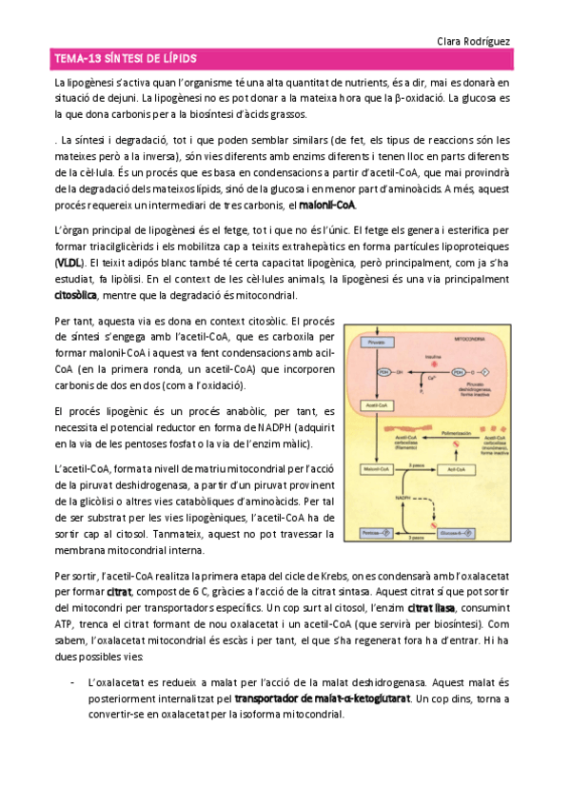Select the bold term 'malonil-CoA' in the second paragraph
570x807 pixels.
coord(324,206)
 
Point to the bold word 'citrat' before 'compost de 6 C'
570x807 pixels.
coord(119,592)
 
